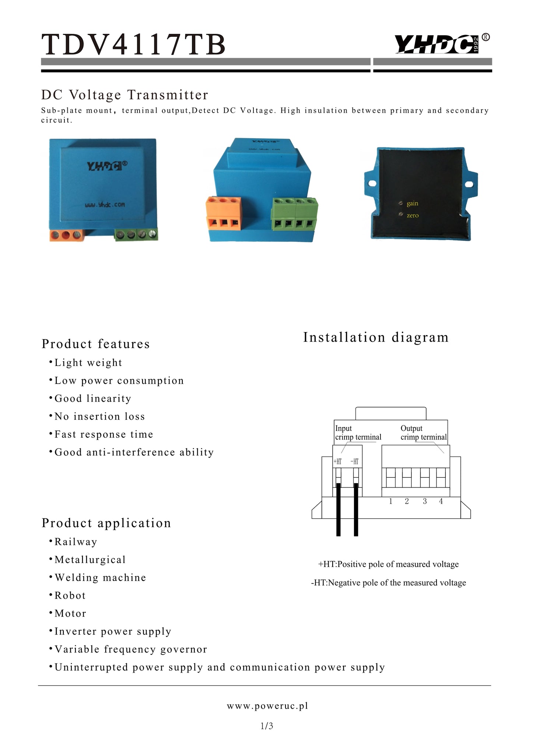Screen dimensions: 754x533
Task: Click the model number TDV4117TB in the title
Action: click(133, 45)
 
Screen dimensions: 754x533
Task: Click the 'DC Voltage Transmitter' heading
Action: click(125, 95)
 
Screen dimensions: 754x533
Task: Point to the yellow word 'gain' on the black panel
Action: click(412, 204)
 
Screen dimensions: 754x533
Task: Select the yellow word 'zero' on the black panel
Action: click(413, 216)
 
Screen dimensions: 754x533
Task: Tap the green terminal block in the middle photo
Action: click(295, 214)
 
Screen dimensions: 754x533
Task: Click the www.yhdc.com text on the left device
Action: click(105, 204)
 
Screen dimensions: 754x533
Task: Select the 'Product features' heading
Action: click(96, 344)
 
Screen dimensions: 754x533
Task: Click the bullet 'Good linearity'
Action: click(93, 399)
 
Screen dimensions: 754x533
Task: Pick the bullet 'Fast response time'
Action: click(104, 434)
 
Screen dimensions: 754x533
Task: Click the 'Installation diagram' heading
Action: click(376, 337)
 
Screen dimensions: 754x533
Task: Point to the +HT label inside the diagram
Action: click(338, 462)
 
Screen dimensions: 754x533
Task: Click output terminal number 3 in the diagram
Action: click(425, 501)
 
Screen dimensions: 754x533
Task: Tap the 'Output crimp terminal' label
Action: click(423, 433)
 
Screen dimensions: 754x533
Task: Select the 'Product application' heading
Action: click(106, 523)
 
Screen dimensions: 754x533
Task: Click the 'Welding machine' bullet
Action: click(100, 578)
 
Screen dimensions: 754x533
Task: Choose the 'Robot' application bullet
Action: click(70, 596)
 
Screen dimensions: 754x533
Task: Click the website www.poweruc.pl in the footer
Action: click(267, 706)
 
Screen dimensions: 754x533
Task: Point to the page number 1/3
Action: click(267, 726)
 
